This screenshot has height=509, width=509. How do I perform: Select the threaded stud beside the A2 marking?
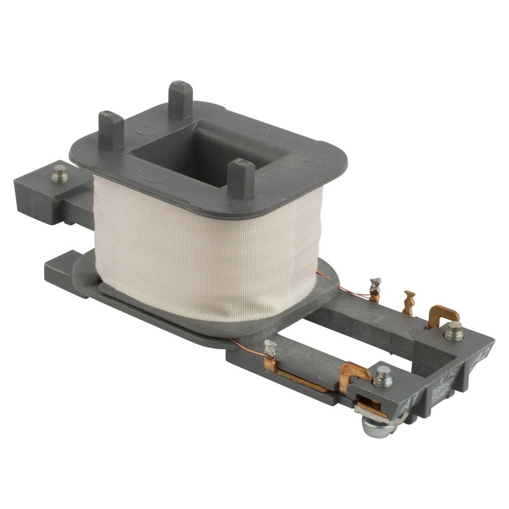[453, 331]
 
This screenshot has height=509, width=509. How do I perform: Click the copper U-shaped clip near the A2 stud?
[443, 316]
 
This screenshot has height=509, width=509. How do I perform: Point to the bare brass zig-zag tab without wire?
[410, 302]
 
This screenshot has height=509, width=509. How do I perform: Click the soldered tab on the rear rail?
[375, 290]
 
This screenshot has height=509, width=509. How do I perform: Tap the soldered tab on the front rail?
[270, 351]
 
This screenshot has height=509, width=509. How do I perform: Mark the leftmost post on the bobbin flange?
[110, 130]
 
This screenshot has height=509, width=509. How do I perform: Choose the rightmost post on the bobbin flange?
[242, 178]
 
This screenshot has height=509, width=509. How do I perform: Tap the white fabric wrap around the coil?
[199, 249]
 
